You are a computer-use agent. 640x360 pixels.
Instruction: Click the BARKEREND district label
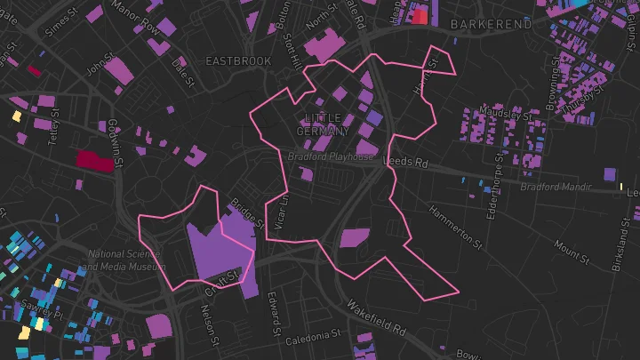pos(491,24)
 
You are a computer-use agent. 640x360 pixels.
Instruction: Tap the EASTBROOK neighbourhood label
pos(238,61)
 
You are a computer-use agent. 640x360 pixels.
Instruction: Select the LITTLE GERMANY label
pos(323,124)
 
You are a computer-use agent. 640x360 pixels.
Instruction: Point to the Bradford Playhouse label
pos(330,157)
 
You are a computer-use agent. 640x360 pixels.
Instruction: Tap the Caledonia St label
pos(313,336)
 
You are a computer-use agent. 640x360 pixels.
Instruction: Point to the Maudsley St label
pos(504,113)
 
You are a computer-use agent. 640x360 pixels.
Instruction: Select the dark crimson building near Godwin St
pos(95,160)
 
